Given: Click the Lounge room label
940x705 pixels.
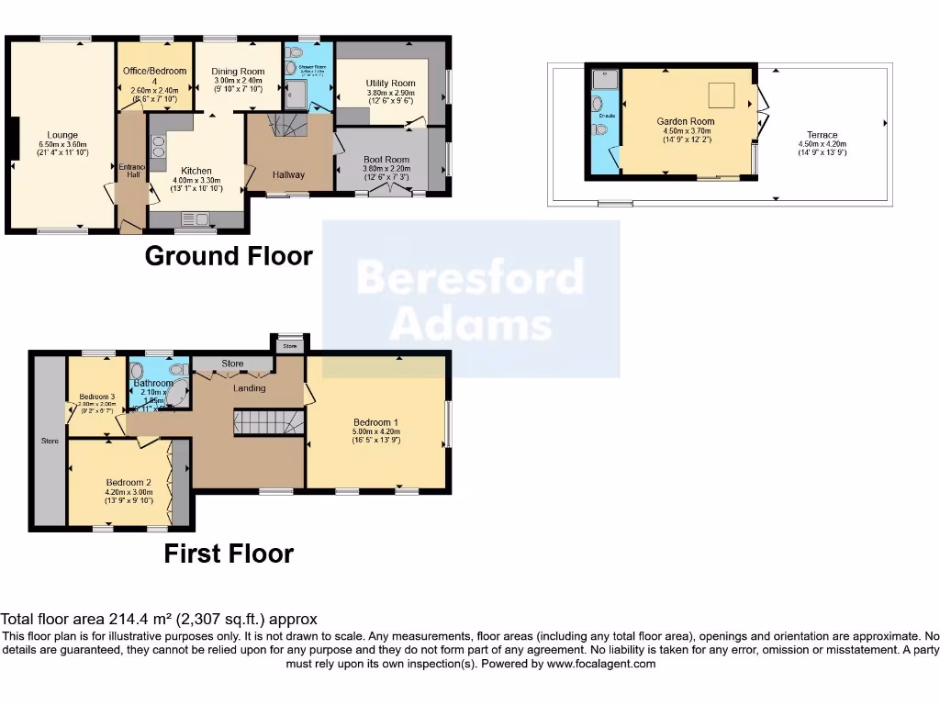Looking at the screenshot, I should pos(62,135).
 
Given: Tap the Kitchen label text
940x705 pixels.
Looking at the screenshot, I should pos(196,171).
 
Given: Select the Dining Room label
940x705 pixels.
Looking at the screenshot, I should pos(238,72).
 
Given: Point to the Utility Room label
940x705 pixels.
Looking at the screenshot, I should pos(391,84).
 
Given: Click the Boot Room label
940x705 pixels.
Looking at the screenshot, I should pos(386,160).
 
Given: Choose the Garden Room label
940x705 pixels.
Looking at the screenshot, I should pos(685,121).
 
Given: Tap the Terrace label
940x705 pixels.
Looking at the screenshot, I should pos(822,135).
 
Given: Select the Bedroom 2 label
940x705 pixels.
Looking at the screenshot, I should pos(128,483).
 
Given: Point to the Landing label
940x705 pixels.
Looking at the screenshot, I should pos(249,388).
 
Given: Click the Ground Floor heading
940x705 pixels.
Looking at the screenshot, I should pos(229,256).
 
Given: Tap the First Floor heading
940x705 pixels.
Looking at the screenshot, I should pos(229,554).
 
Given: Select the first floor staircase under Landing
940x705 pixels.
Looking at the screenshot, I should pos(265,423).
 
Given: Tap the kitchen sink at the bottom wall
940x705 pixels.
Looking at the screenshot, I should pos(196,218).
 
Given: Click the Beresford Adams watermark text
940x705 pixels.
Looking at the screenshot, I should pos(470,299).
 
